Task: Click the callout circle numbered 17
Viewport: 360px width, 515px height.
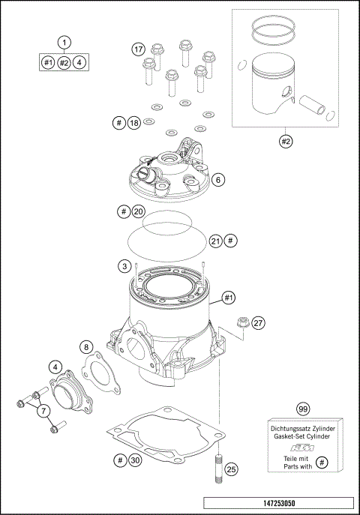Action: pyautogui.click(x=139, y=49)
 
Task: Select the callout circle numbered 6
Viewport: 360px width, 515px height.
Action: pyautogui.click(x=217, y=180)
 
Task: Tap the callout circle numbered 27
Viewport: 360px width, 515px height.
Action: pyautogui.click(x=257, y=322)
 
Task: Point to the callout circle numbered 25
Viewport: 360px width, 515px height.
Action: pyautogui.click(x=231, y=469)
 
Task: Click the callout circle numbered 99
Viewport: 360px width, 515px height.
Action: pyautogui.click(x=303, y=409)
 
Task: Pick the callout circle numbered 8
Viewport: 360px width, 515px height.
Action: pyautogui.click(x=87, y=347)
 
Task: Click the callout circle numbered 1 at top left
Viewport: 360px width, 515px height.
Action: pyautogui.click(x=65, y=43)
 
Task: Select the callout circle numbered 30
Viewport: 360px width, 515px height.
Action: pyautogui.click(x=136, y=460)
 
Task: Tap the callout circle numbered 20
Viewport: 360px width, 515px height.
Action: pyautogui.click(x=137, y=212)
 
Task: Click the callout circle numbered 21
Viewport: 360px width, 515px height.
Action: pyautogui.click(x=215, y=241)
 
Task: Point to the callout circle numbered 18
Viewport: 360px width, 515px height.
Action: pyautogui.click(x=133, y=122)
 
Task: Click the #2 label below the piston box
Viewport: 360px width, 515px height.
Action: pyautogui.click(x=285, y=140)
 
